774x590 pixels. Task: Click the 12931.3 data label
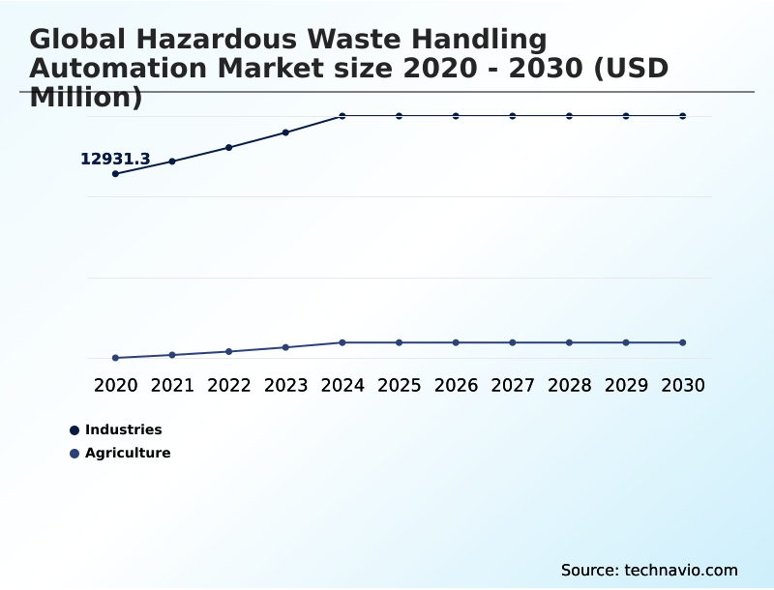115,160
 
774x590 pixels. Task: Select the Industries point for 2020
115,174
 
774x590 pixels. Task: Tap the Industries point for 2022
229,147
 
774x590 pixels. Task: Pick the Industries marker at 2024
342,116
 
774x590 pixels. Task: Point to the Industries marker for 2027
513,116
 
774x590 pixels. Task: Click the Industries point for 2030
683,116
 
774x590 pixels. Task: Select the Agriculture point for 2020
115,358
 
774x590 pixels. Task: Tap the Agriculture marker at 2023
285,347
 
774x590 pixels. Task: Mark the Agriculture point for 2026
456,342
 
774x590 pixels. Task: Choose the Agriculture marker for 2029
626,342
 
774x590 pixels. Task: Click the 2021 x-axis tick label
172,385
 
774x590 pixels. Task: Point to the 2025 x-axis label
399,385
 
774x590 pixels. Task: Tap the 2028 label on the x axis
569,385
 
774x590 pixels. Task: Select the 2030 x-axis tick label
683,385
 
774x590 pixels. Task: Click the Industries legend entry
123,429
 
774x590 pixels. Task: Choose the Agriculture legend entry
127,453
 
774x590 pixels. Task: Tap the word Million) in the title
86,98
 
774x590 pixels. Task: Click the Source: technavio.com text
649,570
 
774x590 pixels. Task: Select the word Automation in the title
119,69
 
